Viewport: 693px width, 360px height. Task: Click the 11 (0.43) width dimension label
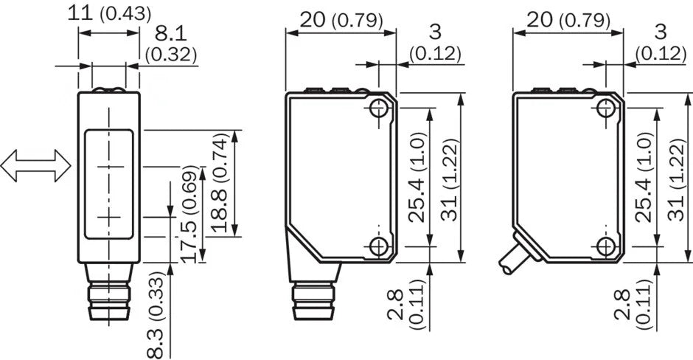tap(108, 13)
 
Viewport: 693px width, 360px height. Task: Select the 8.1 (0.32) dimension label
tap(170, 44)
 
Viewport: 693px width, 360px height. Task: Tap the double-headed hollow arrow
tap(35, 165)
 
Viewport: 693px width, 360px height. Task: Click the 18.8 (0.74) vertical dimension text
tap(220, 184)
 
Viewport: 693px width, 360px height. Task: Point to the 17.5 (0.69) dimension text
tap(190, 214)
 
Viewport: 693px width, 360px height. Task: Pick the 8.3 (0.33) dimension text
tap(157, 314)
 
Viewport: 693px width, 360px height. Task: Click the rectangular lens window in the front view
tap(108, 184)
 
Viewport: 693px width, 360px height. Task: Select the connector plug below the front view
tap(108, 291)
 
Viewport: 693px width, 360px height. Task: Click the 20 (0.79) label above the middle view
tap(341, 20)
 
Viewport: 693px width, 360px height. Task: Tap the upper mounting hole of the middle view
tap(379, 108)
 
